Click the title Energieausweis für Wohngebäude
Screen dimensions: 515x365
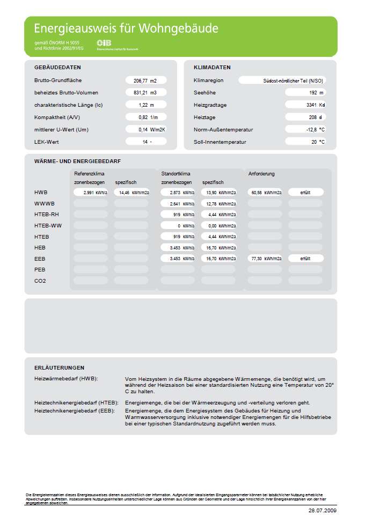point(126,28)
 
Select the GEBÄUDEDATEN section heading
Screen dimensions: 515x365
point(57,68)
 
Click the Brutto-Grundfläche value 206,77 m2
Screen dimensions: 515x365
point(145,80)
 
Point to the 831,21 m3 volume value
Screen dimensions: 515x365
point(145,93)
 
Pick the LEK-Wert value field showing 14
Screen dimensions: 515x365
point(145,142)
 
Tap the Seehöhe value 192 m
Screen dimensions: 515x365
point(305,93)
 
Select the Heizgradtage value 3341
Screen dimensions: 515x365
point(305,105)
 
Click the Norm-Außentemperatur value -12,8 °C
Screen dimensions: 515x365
point(305,130)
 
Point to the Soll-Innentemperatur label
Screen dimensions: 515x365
point(220,142)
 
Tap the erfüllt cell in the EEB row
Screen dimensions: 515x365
point(306,259)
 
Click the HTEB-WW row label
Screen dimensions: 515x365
point(48,226)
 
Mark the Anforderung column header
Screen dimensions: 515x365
point(261,174)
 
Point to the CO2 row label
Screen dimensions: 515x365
point(40,281)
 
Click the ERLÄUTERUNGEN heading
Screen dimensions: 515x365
point(59,368)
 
